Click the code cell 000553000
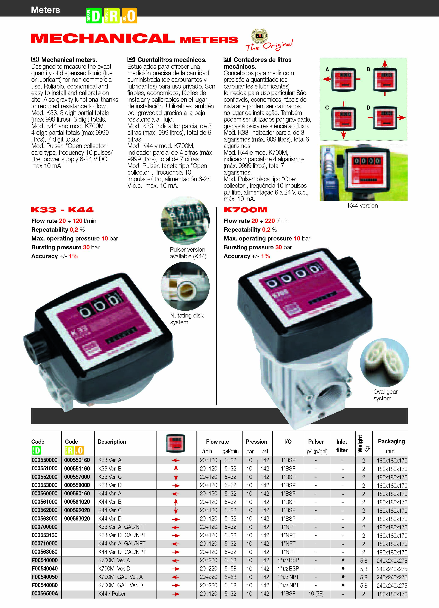(45, 485)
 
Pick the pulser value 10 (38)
(316, 594)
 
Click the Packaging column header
(391, 441)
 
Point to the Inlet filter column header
(341, 446)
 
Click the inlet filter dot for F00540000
(343, 560)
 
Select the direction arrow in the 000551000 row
(176, 469)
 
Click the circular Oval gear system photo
(384, 362)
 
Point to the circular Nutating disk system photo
(185, 286)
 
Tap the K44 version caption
(363, 206)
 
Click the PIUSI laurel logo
(259, 36)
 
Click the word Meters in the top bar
(45, 10)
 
